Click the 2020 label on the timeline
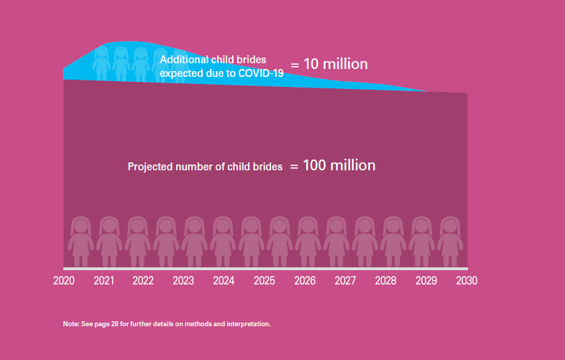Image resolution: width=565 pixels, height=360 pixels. pyautogui.click(x=64, y=280)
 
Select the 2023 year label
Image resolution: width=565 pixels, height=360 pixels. pyautogui.click(x=183, y=280)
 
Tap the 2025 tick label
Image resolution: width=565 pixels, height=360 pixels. pyautogui.click(x=264, y=280)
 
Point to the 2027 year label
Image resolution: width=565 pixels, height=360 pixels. pyautogui.click(x=345, y=280)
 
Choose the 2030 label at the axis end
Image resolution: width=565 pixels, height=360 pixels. pyautogui.click(x=467, y=280)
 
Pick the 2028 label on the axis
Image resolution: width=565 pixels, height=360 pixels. pyautogui.click(x=385, y=280)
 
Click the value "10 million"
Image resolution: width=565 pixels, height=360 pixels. pyautogui.click(x=336, y=65)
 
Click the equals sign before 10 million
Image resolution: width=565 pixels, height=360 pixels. pyautogui.click(x=295, y=65)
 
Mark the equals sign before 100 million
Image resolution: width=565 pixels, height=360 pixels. pyautogui.click(x=294, y=167)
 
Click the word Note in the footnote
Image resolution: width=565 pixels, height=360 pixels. pyautogui.click(x=70, y=324)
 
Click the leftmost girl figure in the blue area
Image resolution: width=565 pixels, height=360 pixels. pyautogui.click(x=101, y=63)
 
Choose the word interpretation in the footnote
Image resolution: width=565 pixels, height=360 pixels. pyautogui.click(x=248, y=324)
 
